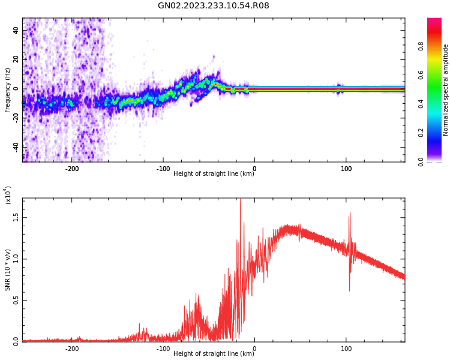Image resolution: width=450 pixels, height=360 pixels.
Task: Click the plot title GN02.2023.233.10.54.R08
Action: [214, 6]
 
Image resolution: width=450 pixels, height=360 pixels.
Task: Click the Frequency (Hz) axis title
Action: [8, 90]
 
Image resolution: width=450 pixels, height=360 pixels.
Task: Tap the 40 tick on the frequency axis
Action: [16, 31]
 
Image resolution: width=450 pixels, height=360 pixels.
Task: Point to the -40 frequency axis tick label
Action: [14, 146]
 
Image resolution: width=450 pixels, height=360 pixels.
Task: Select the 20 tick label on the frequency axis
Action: [16, 59]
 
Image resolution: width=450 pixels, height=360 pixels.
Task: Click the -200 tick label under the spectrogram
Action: [71, 169]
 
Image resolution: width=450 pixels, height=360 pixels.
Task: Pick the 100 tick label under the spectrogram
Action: [346, 169]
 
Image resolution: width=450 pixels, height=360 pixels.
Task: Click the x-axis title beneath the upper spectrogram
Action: [214, 174]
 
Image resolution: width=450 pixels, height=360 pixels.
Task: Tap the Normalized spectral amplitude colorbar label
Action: [446, 90]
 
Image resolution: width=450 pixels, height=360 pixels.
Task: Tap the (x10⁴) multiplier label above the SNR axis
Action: [8, 195]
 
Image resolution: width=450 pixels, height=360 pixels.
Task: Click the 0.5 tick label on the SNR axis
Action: [16, 301]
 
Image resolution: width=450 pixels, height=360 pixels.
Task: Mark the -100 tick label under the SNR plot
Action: [163, 349]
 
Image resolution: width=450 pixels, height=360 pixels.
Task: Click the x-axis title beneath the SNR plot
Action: [214, 354]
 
